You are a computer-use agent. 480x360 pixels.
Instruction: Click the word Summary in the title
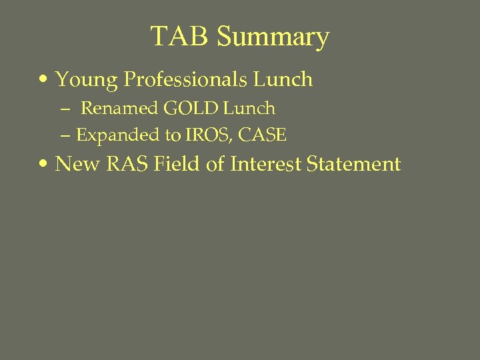click(x=273, y=37)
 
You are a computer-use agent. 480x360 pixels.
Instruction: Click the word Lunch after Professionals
click(x=283, y=79)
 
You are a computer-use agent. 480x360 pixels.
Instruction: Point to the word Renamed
click(x=119, y=108)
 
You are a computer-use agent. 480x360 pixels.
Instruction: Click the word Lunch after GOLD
click(x=249, y=108)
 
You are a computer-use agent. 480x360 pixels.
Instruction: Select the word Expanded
click(x=119, y=136)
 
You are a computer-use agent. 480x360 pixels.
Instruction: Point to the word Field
click(x=176, y=163)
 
